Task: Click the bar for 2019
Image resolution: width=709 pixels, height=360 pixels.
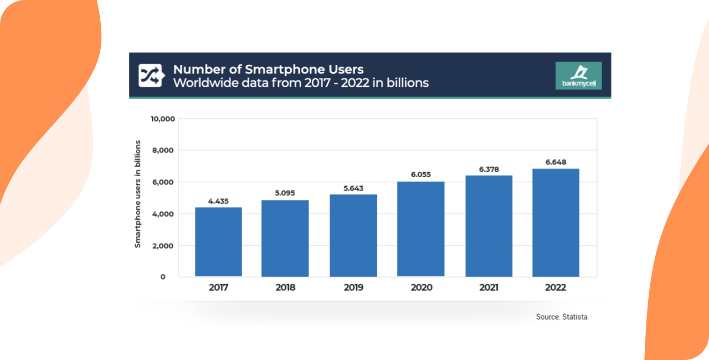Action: point(353,235)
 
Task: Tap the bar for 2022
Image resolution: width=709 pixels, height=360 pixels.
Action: point(556,223)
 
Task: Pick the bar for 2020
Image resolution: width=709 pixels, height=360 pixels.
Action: point(421,229)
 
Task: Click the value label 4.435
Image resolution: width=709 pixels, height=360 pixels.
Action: point(219,201)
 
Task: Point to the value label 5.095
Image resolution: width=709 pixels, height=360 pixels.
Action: point(285,193)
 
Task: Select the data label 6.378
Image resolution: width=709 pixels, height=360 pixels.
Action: point(488,169)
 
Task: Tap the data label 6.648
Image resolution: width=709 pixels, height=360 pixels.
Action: point(556,162)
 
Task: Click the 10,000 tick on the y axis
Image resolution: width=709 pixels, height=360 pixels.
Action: point(163,119)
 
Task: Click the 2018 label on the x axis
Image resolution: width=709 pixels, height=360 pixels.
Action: point(285,287)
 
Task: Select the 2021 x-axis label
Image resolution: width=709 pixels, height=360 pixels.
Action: point(488,287)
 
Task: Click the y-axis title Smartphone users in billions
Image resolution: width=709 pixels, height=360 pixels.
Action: point(138,194)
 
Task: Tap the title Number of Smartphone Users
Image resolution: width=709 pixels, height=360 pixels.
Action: point(268,69)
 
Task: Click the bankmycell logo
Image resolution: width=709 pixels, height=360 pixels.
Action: point(578,76)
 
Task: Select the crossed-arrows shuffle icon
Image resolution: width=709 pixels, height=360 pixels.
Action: point(150,76)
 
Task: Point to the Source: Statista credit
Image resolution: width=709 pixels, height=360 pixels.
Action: point(562,317)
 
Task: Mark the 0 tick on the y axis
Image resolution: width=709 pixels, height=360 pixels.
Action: point(163,276)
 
